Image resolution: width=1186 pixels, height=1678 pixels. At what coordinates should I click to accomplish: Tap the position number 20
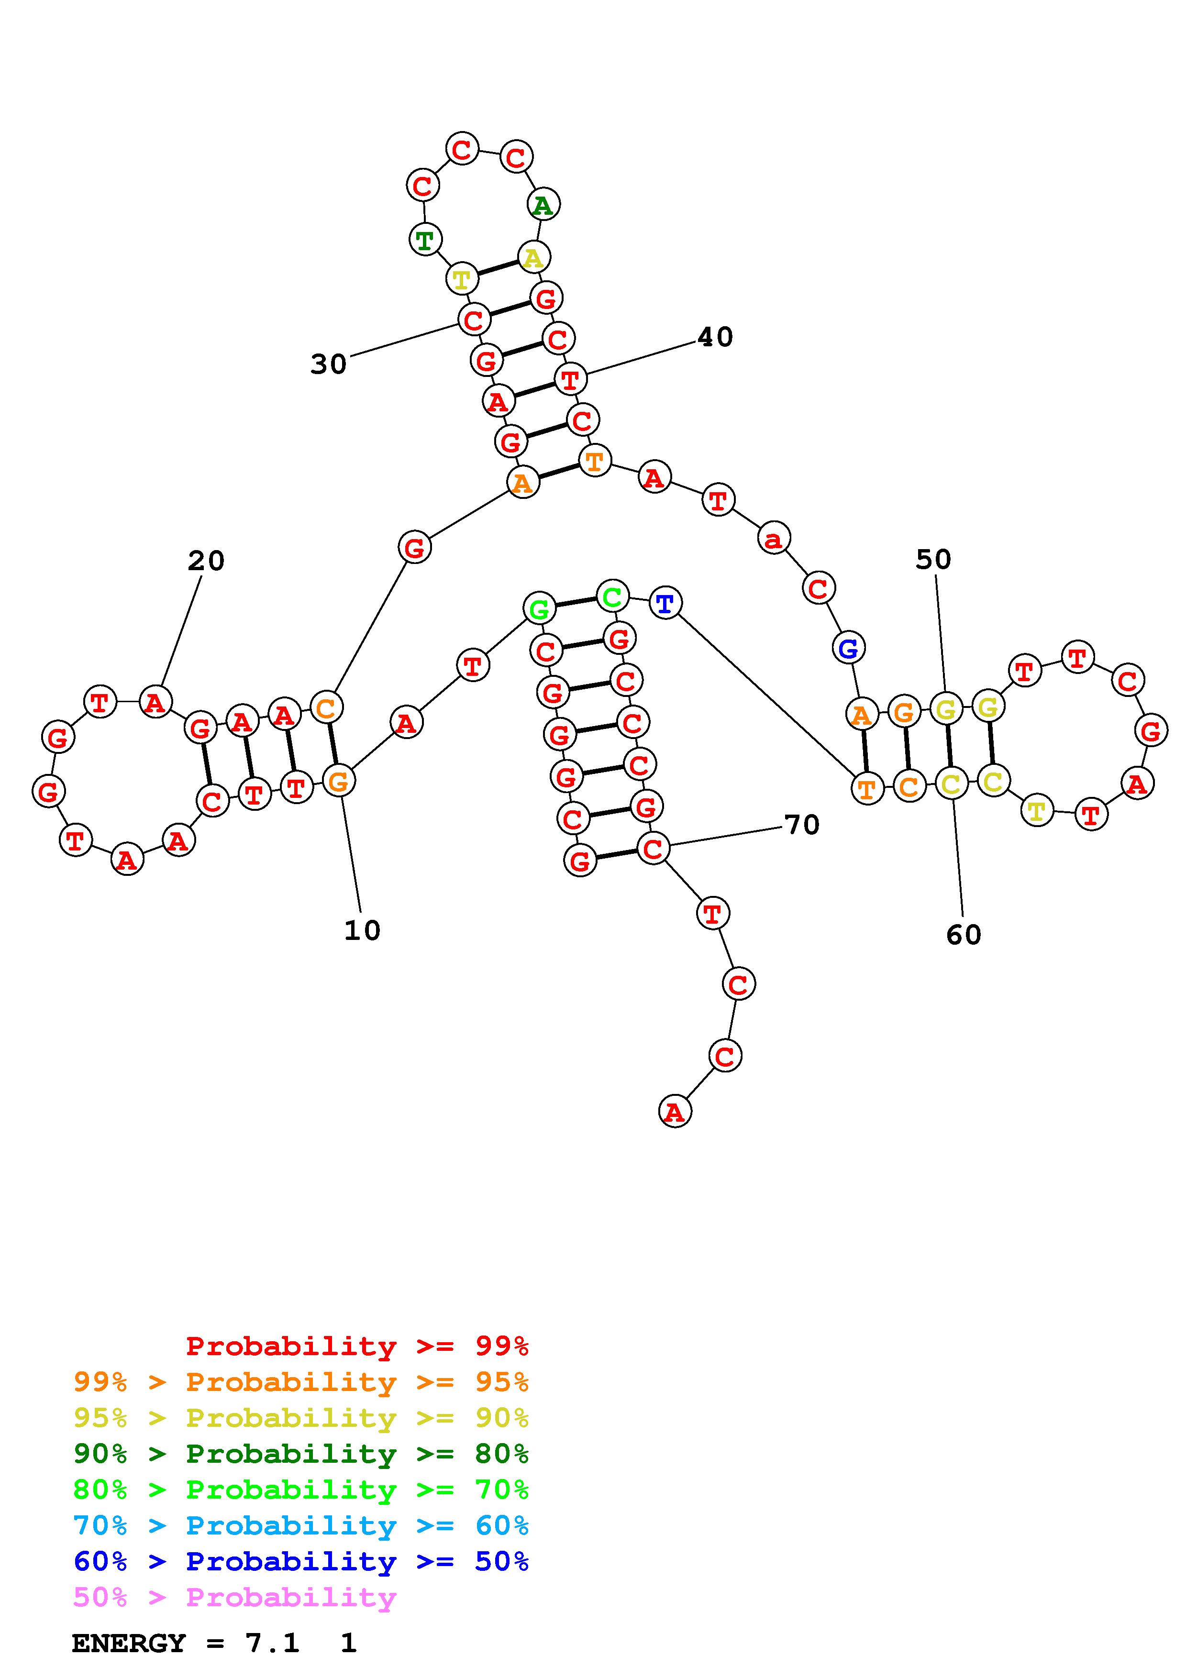point(206,561)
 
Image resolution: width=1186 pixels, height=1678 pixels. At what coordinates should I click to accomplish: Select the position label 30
point(328,364)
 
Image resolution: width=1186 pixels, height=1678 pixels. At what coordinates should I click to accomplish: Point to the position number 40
point(715,337)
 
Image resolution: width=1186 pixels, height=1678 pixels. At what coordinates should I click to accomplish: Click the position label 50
point(933,560)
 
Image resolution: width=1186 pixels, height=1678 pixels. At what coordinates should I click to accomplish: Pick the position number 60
point(963,935)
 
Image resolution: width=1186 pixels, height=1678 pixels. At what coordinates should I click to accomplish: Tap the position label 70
point(802,825)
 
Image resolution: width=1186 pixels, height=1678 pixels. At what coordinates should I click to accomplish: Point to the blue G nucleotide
point(848,648)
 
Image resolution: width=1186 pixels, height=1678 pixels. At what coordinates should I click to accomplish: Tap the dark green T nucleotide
point(424,239)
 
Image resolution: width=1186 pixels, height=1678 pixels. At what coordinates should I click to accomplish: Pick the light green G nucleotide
point(539,608)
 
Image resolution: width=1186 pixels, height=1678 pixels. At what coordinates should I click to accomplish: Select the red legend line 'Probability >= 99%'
point(356,1346)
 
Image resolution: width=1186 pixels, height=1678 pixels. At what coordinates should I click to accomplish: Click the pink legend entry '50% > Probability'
point(234,1597)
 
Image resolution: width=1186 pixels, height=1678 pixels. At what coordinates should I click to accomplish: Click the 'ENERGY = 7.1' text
point(186,1643)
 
